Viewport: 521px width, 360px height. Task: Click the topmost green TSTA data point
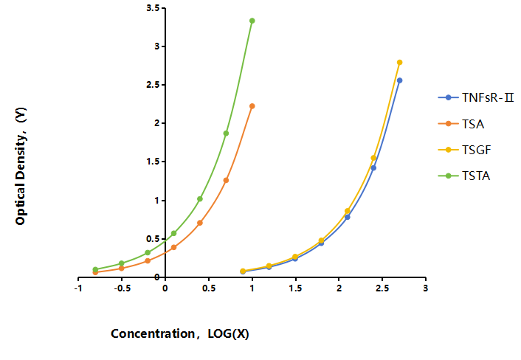pyautogui.click(x=252, y=21)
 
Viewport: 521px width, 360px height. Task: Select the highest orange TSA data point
pyautogui.click(x=252, y=106)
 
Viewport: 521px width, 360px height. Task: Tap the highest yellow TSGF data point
pyautogui.click(x=400, y=63)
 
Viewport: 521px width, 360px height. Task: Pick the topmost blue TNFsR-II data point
pyautogui.click(x=400, y=80)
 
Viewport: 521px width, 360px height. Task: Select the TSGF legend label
pyautogui.click(x=477, y=150)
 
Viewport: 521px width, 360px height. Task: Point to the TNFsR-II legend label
pyautogui.click(x=488, y=97)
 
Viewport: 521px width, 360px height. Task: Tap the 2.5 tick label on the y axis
pyautogui.click(x=153, y=85)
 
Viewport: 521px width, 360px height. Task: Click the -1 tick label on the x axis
pyautogui.click(x=78, y=288)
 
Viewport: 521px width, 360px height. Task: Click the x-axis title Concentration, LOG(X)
pyautogui.click(x=180, y=333)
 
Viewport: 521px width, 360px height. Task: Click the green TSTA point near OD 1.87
pyautogui.click(x=226, y=134)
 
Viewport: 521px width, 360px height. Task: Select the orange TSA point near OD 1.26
pyautogui.click(x=226, y=180)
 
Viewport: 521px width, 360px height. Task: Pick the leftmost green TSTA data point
pyautogui.click(x=95, y=269)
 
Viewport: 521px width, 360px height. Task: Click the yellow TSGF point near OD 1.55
pyautogui.click(x=373, y=158)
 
